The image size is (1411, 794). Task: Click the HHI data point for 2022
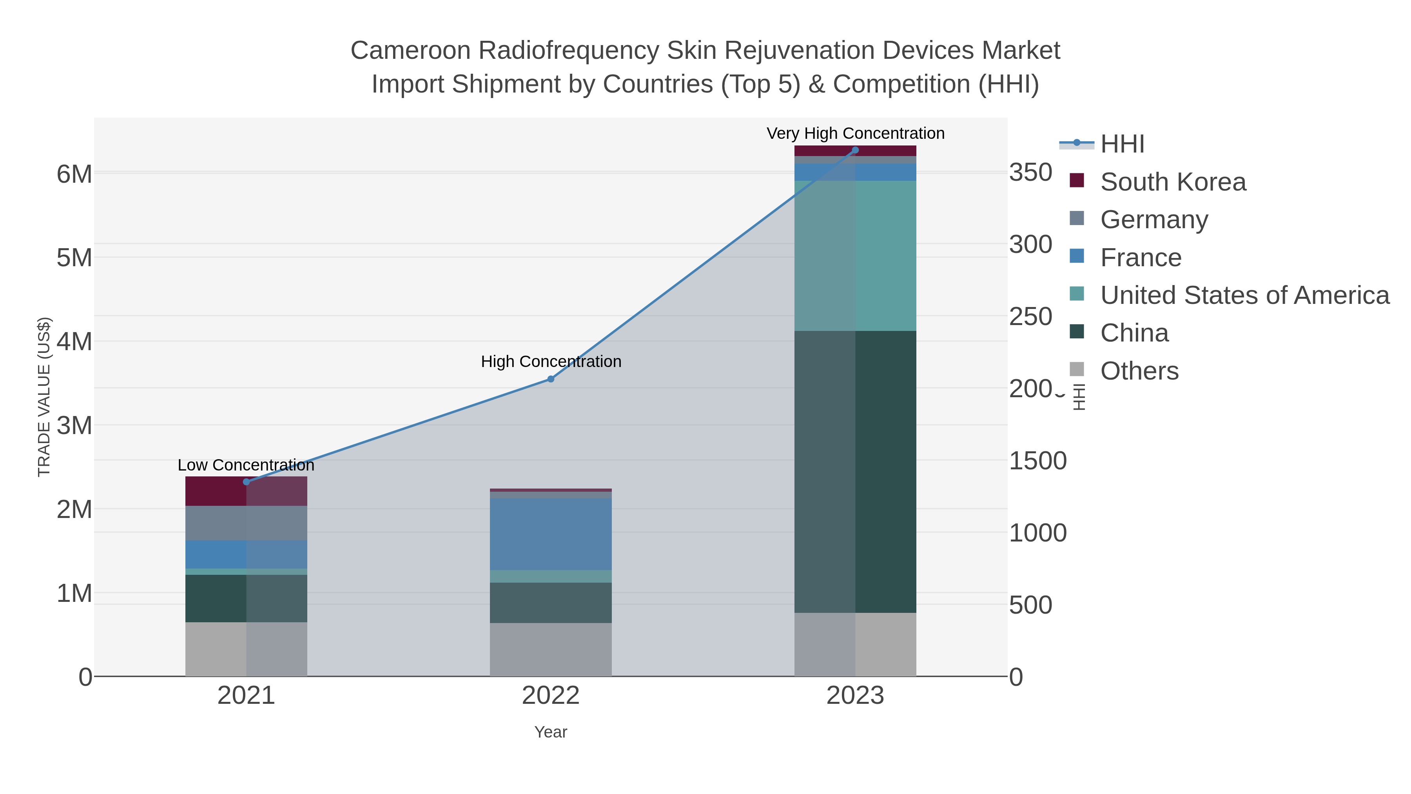click(x=551, y=379)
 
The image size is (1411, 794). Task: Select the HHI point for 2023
click(x=855, y=150)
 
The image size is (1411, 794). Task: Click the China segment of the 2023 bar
click(x=855, y=471)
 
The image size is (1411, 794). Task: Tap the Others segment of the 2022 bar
click(x=551, y=649)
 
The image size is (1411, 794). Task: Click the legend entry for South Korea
click(x=1173, y=182)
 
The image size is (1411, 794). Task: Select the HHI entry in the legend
click(x=1122, y=144)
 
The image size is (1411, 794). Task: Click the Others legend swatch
click(x=1077, y=370)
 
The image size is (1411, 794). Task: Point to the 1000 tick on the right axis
click(x=1037, y=533)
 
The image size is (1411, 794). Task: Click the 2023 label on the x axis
click(x=855, y=696)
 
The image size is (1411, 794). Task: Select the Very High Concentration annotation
click(x=855, y=134)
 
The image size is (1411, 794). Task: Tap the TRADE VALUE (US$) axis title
click(x=44, y=397)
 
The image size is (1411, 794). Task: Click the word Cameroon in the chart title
click(x=410, y=51)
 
